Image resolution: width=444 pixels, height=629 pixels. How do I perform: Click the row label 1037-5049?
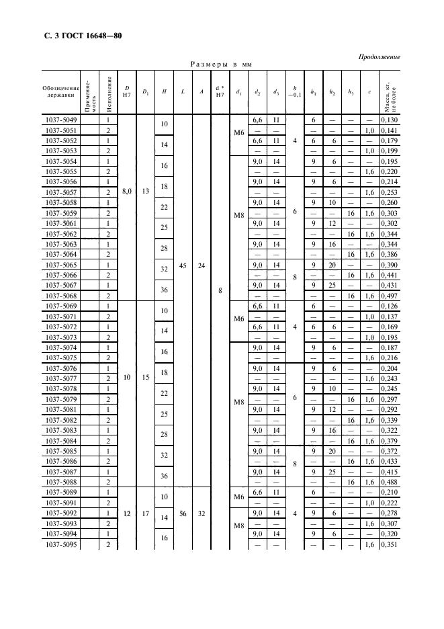(x=60, y=120)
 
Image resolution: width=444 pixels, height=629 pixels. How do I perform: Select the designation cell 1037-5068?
(x=60, y=296)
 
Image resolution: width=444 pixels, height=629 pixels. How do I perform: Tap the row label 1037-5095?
(x=60, y=544)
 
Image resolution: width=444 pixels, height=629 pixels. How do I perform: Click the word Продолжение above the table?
(x=380, y=56)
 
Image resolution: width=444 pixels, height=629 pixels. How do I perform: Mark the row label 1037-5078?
(x=60, y=388)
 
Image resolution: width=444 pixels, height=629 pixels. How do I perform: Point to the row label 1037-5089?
(x=60, y=493)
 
